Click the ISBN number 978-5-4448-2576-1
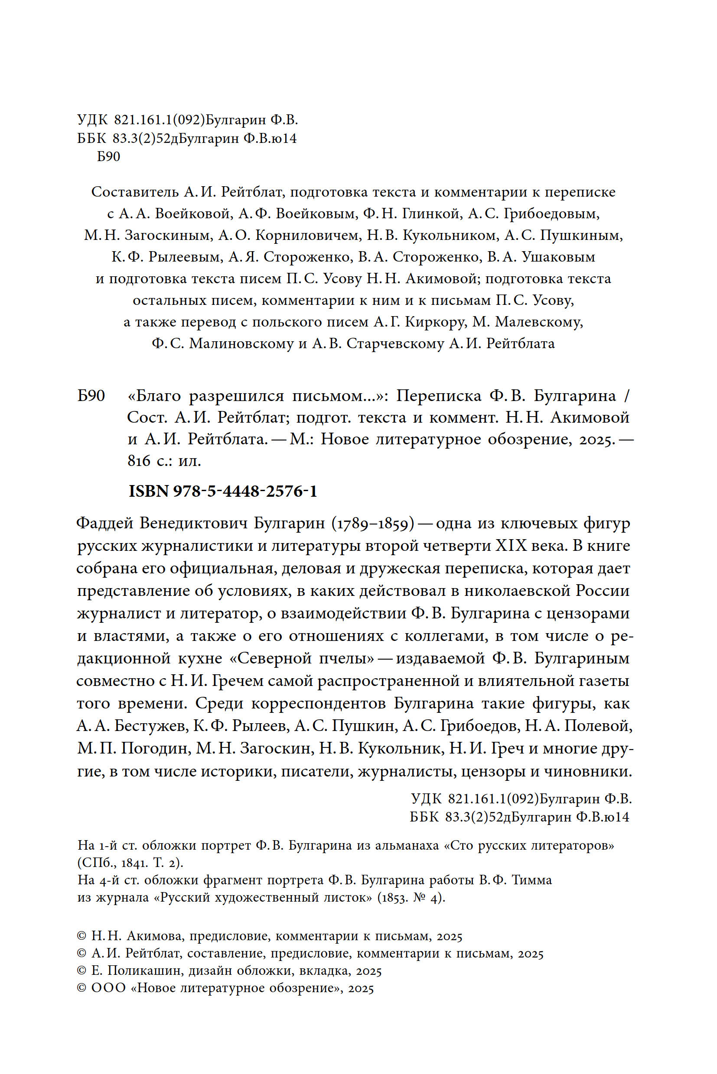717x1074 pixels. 245,492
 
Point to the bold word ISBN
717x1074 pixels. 149,492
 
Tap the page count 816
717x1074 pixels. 139,461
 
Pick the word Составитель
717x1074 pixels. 135,192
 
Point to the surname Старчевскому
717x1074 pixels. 395,343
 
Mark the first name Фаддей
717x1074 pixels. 105,524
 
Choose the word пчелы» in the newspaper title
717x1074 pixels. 346,659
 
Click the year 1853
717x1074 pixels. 393,898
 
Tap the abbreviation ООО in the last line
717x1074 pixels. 108,988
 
